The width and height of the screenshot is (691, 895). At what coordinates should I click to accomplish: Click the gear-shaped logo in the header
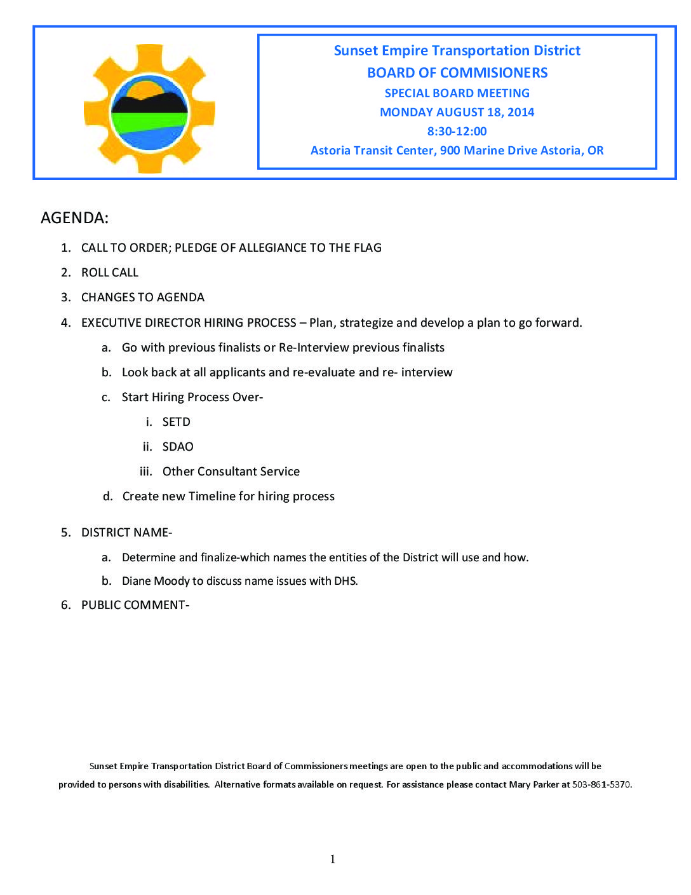pyautogui.click(x=149, y=109)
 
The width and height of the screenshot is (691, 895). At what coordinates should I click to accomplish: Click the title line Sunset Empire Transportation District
pyautogui.click(x=457, y=51)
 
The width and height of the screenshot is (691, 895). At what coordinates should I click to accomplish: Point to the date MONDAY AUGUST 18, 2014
pyautogui.click(x=457, y=113)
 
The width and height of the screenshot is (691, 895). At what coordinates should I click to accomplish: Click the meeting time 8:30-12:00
pyautogui.click(x=457, y=132)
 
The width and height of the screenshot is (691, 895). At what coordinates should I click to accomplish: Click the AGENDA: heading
pyautogui.click(x=75, y=218)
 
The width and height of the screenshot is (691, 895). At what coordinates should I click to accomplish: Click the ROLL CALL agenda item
pyautogui.click(x=110, y=273)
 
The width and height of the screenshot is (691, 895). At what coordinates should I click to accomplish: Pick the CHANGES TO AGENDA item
pyautogui.click(x=143, y=297)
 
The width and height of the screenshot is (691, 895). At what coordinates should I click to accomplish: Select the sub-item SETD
pyautogui.click(x=177, y=422)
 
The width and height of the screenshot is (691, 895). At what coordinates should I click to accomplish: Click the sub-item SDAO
pyautogui.click(x=178, y=447)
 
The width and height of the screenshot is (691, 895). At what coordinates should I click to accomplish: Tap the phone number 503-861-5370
pyautogui.click(x=601, y=784)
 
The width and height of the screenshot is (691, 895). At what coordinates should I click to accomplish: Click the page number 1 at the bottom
pyautogui.click(x=333, y=859)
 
